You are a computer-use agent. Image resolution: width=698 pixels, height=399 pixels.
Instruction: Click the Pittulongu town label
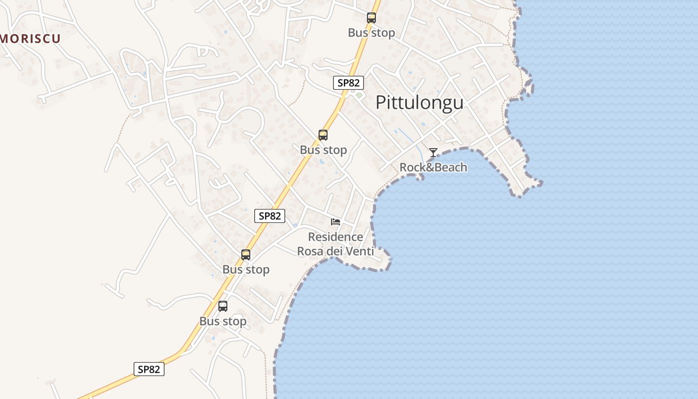coord(419,102)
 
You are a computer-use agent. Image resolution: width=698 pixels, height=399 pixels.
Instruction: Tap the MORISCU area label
coord(30,38)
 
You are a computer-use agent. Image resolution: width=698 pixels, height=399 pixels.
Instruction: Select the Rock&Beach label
coord(433,167)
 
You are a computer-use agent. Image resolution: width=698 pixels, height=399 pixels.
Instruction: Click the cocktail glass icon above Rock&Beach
coord(433,153)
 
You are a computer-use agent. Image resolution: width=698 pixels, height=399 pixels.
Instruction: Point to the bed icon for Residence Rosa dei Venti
coord(336,221)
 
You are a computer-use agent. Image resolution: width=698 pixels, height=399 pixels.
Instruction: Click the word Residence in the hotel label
coord(336,237)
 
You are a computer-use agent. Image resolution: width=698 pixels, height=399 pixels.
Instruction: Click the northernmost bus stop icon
coord(371,18)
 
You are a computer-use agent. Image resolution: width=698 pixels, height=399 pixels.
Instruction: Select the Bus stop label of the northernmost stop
coord(371,33)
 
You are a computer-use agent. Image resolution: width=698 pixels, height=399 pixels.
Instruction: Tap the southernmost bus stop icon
coord(223,306)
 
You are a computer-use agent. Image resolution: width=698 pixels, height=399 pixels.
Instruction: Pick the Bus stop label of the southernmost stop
coord(223,321)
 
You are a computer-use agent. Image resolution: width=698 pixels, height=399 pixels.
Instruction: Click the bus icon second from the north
coord(323,135)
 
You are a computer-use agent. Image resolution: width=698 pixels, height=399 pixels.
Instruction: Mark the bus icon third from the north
coord(246,255)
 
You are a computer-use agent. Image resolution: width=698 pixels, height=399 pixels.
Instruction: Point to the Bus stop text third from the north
coord(246,269)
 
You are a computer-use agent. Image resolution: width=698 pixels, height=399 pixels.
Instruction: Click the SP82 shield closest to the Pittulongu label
coord(349,83)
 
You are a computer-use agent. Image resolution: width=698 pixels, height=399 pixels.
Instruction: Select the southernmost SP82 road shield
coord(149,369)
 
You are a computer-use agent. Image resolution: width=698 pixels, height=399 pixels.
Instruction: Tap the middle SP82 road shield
coord(270,216)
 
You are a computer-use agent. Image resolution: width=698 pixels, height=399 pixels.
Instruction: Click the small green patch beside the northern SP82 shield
coord(359,95)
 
